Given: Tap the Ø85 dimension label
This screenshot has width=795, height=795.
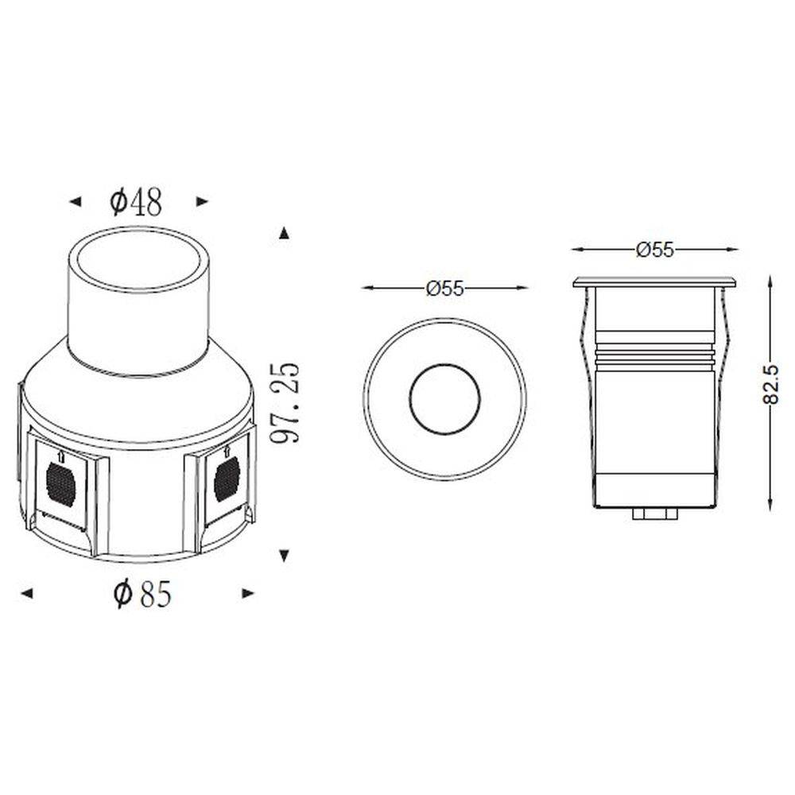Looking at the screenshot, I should click(x=143, y=593).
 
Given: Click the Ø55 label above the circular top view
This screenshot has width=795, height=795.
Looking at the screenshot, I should click(x=444, y=289).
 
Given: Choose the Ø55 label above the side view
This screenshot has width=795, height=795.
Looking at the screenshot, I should click(x=654, y=250).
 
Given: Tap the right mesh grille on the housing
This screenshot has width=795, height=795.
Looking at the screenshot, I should click(x=227, y=479).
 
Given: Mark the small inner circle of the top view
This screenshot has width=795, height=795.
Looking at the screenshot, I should click(x=444, y=399).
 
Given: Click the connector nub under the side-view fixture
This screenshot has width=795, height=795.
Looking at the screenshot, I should click(x=654, y=514).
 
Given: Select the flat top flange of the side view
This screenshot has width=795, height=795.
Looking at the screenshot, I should click(x=654, y=281).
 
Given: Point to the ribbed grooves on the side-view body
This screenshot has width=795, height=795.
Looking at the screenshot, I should click(x=654, y=355).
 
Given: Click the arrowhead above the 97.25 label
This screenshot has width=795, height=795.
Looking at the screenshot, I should click(x=285, y=233).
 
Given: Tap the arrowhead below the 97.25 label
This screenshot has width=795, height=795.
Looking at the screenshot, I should click(x=285, y=556).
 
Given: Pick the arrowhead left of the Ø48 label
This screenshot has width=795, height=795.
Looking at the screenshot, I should click(x=75, y=202).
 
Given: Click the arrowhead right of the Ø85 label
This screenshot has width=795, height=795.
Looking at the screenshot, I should click(x=248, y=593).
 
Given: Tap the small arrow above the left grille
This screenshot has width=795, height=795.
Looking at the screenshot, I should click(x=62, y=457).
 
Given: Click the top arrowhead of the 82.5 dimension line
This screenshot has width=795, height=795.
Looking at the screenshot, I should click(x=770, y=281).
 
